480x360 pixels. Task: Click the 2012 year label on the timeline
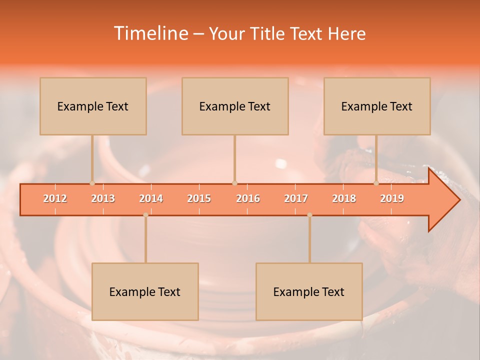tap(55, 199)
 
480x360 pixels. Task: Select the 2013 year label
tap(103, 199)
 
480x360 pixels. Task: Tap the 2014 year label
tap(151, 199)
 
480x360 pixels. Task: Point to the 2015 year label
tap(199, 199)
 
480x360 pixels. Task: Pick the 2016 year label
tap(248, 199)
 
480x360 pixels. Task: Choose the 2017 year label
tap(296, 199)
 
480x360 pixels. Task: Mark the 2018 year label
tap(344, 199)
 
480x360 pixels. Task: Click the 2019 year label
tap(392, 199)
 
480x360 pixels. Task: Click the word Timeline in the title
tap(150, 33)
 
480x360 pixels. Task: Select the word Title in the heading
tap(268, 34)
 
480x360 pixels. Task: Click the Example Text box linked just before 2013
tap(93, 106)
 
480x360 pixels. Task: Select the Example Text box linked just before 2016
tap(235, 106)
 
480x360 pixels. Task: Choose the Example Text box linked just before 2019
tap(377, 106)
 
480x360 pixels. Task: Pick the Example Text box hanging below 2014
tap(145, 292)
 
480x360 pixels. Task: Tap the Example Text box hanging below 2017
tap(309, 292)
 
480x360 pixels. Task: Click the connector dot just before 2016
tap(235, 183)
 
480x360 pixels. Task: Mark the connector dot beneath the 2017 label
tap(309, 215)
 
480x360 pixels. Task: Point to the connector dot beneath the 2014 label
tap(145, 215)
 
